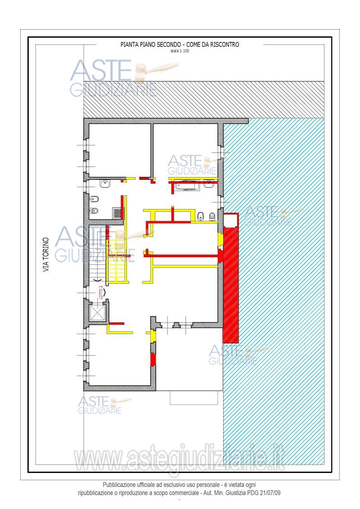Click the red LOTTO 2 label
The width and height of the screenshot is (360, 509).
101,292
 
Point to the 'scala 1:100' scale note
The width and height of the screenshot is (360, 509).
180,51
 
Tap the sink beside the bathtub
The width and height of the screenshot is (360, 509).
208,184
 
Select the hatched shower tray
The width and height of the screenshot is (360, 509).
117,213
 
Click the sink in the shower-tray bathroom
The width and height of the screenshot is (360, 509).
105,184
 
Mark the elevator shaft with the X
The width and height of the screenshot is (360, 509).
98,313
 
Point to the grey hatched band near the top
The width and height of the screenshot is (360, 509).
204,100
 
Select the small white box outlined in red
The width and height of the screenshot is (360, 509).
231,220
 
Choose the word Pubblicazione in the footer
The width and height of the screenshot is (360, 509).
119,485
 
